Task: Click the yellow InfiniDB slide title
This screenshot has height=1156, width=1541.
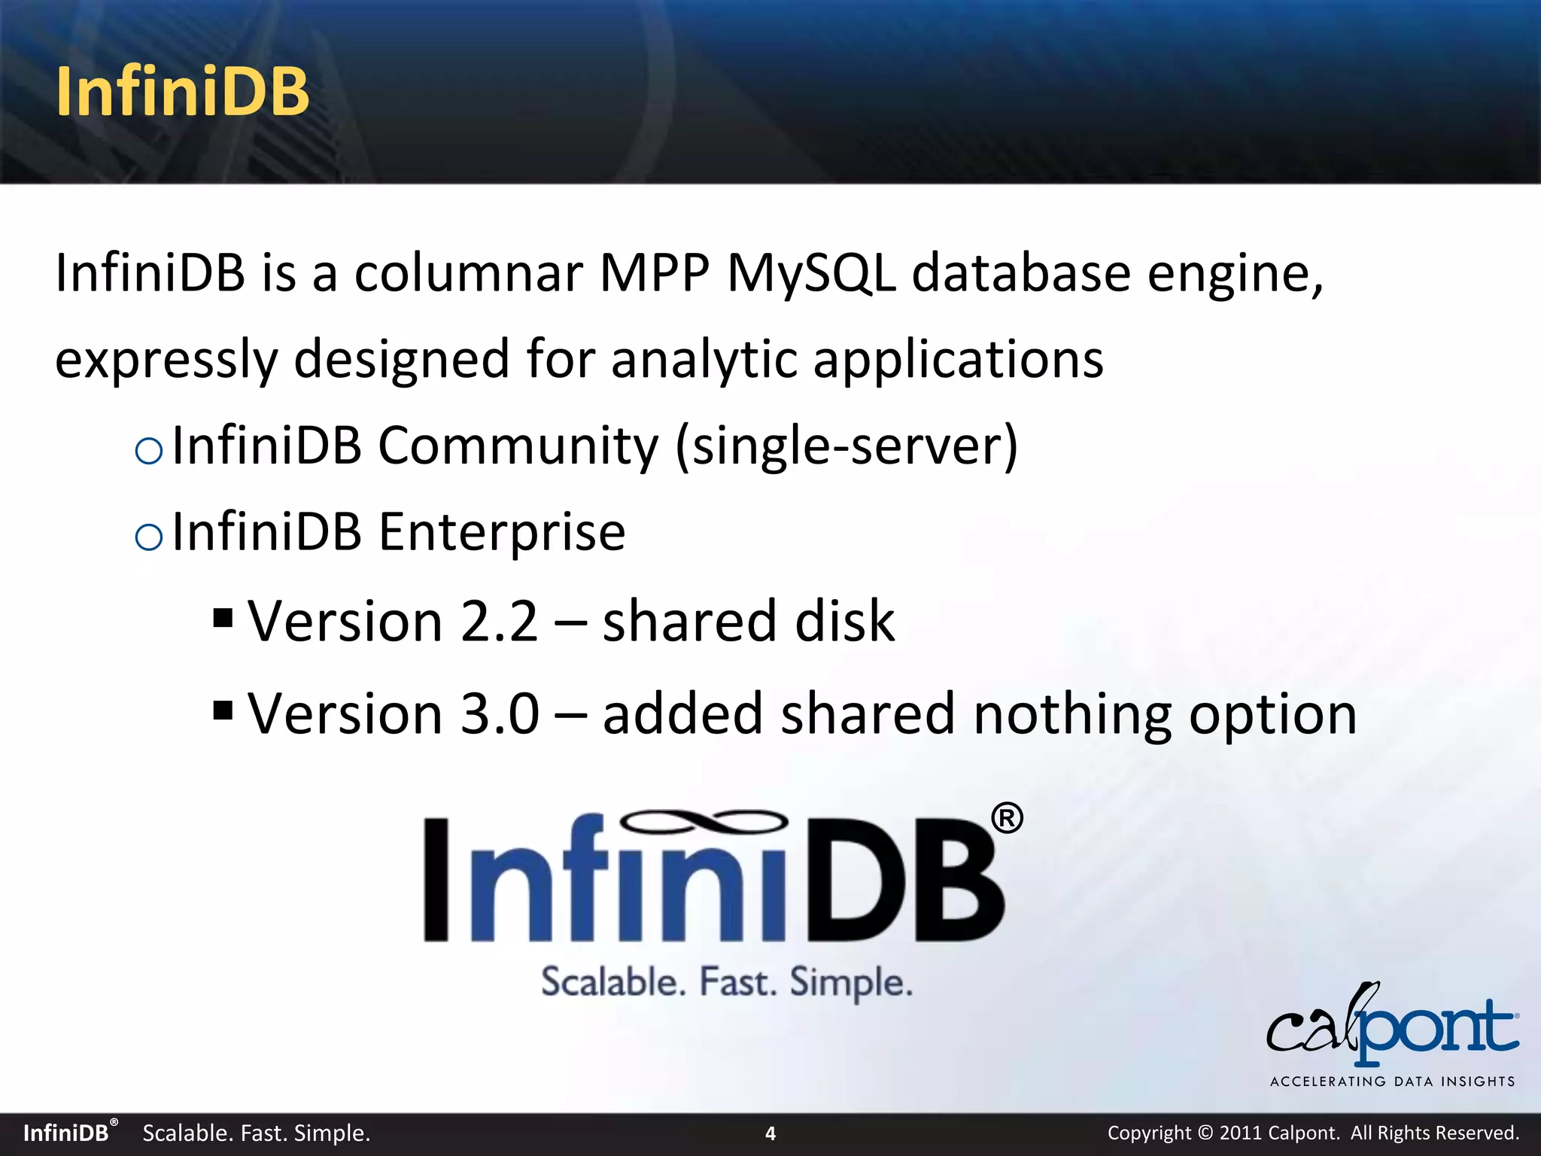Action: [182, 92]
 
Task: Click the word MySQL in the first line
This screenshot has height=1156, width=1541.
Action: [811, 272]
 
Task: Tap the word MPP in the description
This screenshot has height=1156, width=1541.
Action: [654, 272]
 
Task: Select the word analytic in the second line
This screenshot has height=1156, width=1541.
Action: [704, 359]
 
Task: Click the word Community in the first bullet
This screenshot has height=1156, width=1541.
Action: [518, 446]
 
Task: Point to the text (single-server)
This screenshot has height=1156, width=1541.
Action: [846, 447]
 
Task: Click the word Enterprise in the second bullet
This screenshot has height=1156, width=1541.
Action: [501, 532]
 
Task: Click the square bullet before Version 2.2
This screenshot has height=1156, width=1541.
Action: [223, 619]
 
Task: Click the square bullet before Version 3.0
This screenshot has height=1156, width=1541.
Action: [223, 710]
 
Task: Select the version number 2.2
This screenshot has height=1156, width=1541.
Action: [499, 622]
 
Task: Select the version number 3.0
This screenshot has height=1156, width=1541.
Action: [500, 713]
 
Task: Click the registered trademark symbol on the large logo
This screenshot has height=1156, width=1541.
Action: [1006, 818]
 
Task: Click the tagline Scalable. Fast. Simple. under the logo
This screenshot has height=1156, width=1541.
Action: [727, 983]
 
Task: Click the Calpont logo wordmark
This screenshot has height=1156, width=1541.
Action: [1392, 1027]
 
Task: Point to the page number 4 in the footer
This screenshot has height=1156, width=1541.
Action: [770, 1133]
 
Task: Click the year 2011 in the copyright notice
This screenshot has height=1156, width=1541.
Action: [1240, 1133]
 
